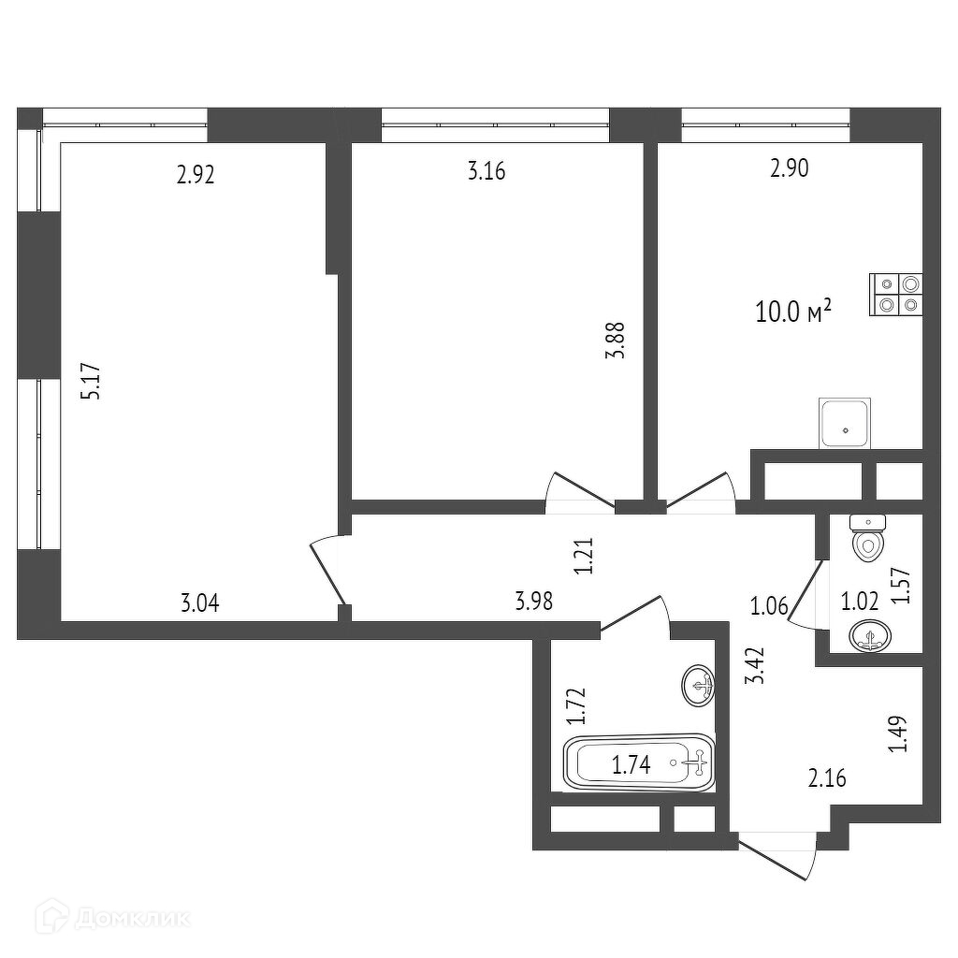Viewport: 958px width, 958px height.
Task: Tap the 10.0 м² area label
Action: pos(793,312)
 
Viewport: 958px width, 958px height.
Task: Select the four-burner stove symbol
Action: pos(896,294)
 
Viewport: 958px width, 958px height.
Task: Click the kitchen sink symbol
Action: pos(845,423)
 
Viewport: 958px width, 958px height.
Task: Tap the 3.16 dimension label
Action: pos(486,171)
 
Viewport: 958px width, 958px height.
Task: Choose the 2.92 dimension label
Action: pos(196,174)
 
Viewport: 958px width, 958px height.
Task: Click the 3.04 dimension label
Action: pos(199,603)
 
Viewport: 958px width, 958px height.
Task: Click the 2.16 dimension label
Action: pos(827,777)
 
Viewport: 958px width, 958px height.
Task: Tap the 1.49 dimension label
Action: pos(898,734)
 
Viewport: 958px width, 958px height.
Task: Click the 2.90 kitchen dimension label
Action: pos(789,168)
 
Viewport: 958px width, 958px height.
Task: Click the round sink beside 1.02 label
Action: pos(870,638)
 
